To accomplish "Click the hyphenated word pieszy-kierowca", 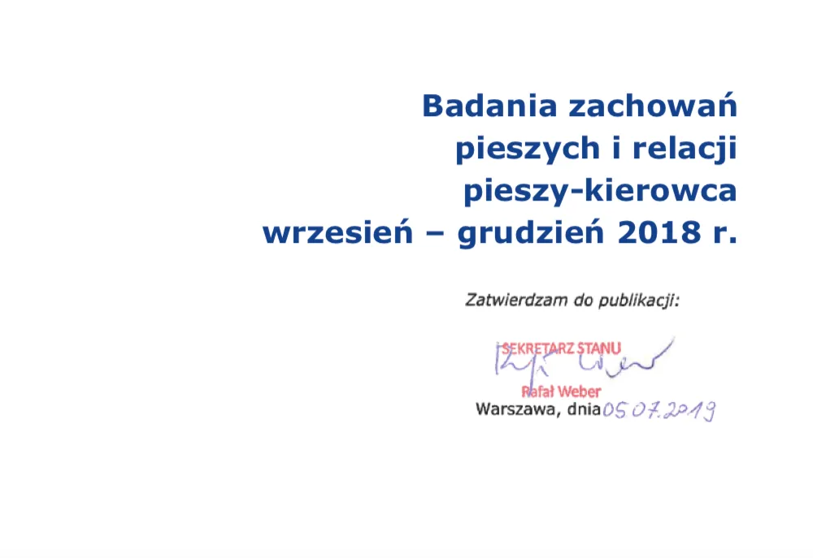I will pos(600,192).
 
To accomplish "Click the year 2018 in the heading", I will pos(654,233).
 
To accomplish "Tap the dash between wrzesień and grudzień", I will pos(432,234).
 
